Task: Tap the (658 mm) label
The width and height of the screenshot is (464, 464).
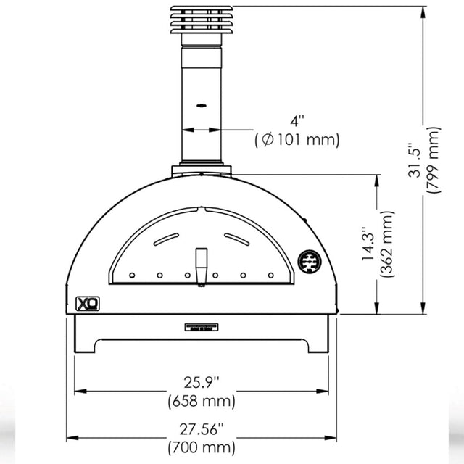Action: (x=202, y=400)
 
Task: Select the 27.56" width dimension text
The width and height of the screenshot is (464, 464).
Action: (x=202, y=428)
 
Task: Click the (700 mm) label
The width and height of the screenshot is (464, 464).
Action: (x=202, y=447)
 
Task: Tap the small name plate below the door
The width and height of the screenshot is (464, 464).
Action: (x=202, y=328)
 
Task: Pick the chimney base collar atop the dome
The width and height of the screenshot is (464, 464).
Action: (x=202, y=171)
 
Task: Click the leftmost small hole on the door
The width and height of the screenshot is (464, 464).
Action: (x=132, y=275)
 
